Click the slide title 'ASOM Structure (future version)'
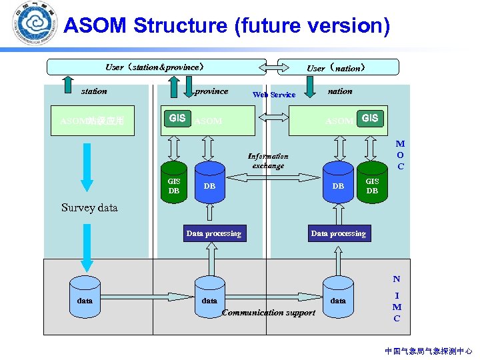pos(227,26)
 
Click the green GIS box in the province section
pos(177,119)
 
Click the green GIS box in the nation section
pos(370,119)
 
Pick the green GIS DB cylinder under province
pos(174,186)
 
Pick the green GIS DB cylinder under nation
pos(372,186)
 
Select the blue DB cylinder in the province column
pos(210,186)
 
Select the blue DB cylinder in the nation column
pos(338,186)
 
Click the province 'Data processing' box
pos(213,233)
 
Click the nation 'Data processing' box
pos(338,233)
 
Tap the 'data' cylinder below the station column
pos(85,300)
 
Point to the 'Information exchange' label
pos(268,161)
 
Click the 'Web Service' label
pos(274,95)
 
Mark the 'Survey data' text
pos(89,207)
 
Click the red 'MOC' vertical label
pos(400,155)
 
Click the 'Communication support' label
pos(268,313)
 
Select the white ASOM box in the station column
pos(92,121)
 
